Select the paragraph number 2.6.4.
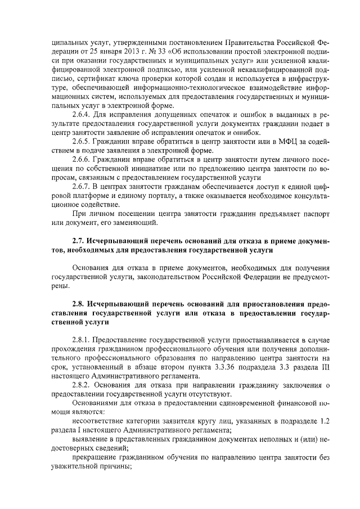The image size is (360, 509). tap(84, 115)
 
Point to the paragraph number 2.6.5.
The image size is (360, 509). tap(84, 141)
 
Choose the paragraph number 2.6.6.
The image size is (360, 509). tap(84, 160)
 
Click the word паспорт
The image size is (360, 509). tap(293, 214)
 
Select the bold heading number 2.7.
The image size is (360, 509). tap(80, 242)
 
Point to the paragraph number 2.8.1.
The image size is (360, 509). tap(84, 341)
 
